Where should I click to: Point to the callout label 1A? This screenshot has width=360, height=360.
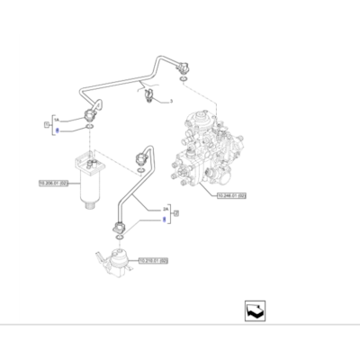click(x=55, y=118)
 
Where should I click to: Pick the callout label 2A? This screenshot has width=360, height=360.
click(x=164, y=206)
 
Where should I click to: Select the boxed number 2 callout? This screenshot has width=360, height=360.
click(x=176, y=212)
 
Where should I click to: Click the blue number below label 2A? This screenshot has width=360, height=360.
click(x=164, y=217)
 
